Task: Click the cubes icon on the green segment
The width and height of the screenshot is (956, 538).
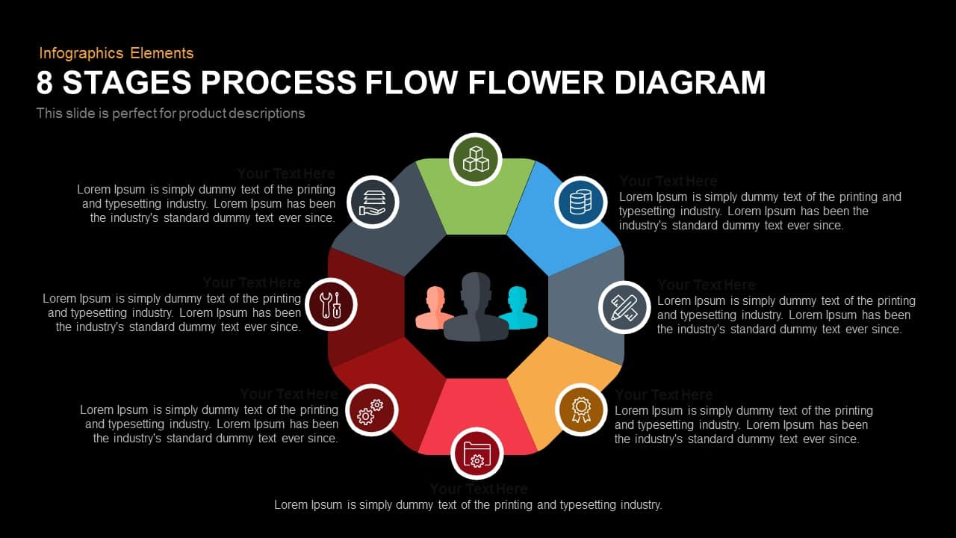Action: coord(476,159)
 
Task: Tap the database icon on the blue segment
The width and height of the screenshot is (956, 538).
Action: coord(580,202)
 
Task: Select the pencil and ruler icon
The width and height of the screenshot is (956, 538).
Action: coord(624,307)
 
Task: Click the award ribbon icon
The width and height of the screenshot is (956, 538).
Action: coord(580,409)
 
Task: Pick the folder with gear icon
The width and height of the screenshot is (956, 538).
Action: coord(477,454)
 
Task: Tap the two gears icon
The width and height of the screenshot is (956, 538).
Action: coord(371,410)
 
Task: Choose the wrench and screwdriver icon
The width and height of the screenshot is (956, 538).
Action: coord(331,305)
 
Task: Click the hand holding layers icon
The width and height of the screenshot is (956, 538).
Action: coord(373,202)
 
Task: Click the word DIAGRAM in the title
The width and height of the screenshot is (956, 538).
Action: coord(690,83)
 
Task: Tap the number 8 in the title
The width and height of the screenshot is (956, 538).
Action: coord(45,83)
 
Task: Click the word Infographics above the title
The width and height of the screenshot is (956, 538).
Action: coord(81,53)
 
